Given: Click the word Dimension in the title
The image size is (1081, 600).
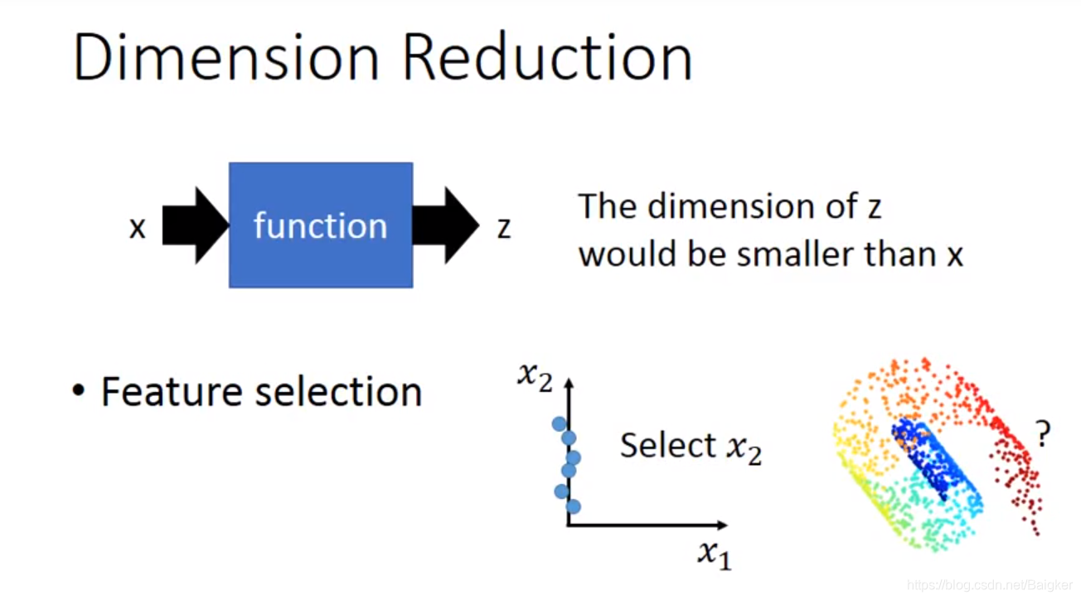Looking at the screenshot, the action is [x=226, y=58].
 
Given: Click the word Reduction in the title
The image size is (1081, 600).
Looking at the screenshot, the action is [x=548, y=58].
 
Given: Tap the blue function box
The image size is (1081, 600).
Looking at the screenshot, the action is [x=321, y=225].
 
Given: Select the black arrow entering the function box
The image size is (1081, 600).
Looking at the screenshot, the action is [x=195, y=225].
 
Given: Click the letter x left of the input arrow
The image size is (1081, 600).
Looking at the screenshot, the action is [x=138, y=227].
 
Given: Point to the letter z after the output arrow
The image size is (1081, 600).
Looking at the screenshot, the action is [x=503, y=227].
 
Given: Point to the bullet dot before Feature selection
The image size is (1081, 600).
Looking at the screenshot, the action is [x=79, y=391].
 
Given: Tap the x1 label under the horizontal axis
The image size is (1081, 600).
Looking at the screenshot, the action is [x=714, y=553].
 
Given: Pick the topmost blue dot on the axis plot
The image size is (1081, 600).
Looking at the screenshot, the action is [x=559, y=424].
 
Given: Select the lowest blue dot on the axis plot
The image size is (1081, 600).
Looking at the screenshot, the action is [x=573, y=506].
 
